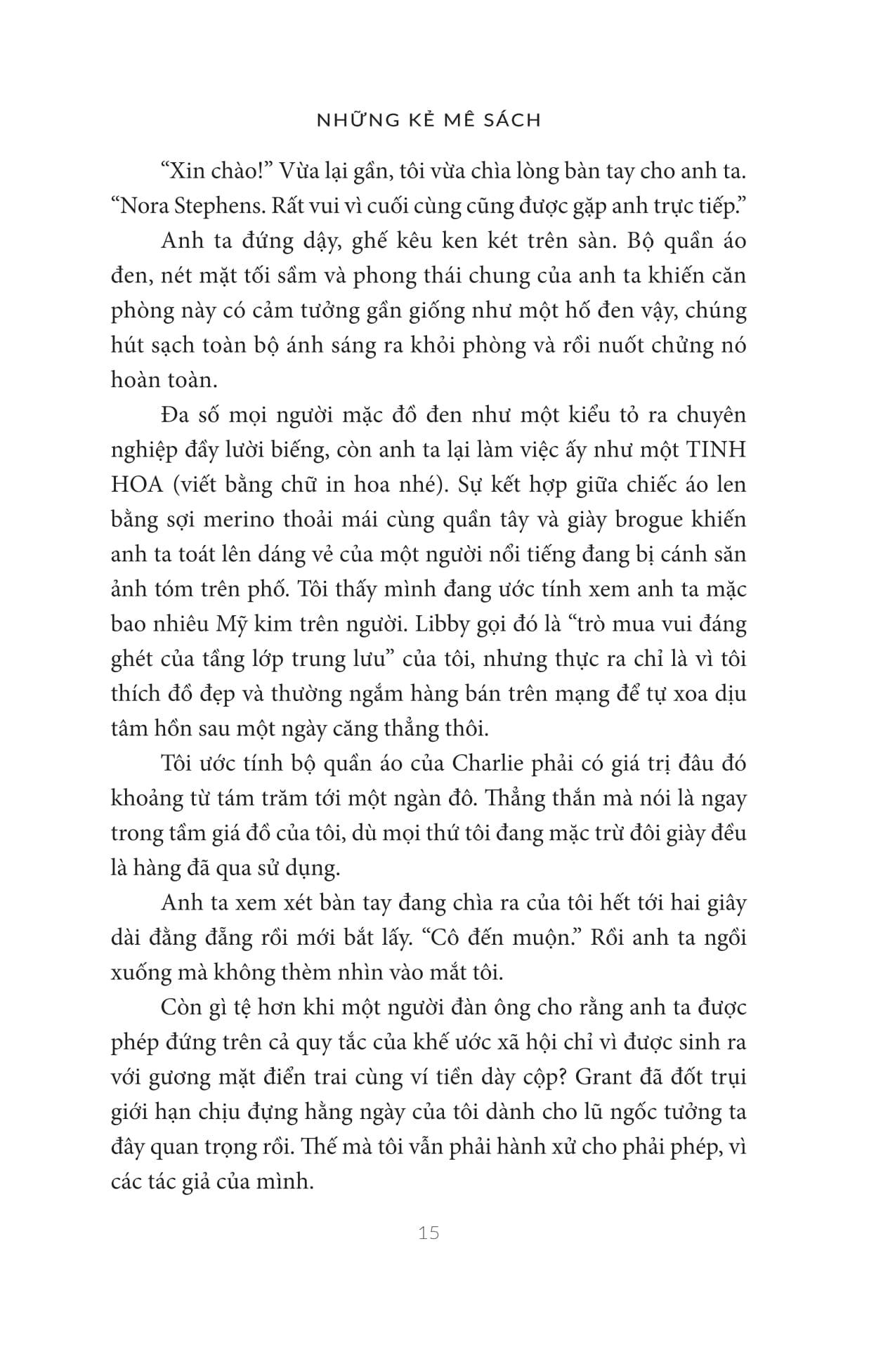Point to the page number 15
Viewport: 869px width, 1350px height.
pos(428,1233)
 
